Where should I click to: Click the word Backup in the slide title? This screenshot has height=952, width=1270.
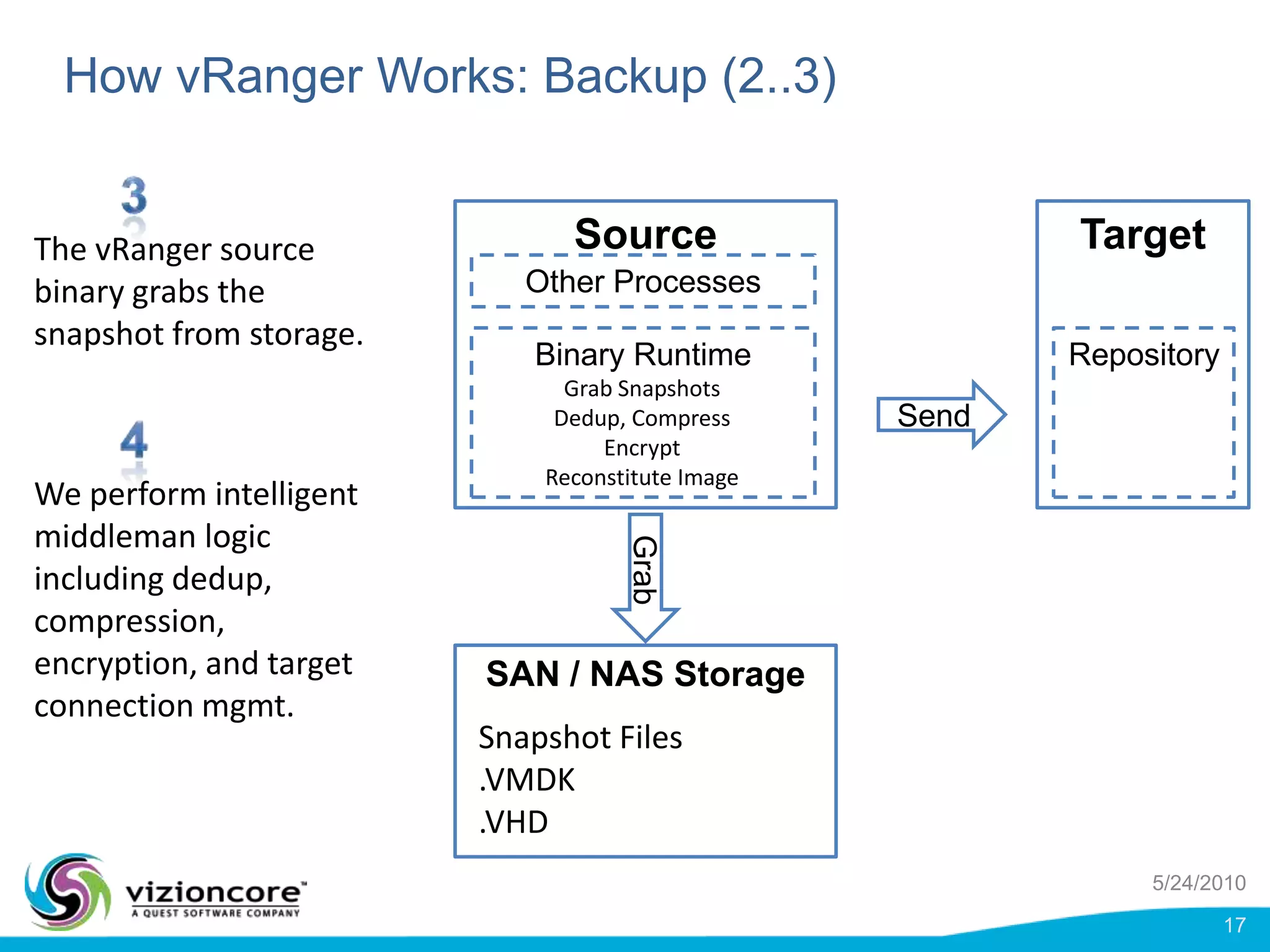click(x=624, y=76)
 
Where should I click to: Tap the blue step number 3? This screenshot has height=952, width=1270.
click(x=134, y=195)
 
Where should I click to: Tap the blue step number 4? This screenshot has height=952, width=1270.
click(x=134, y=439)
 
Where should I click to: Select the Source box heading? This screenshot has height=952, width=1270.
click(x=645, y=234)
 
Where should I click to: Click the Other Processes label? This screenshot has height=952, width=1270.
click(x=642, y=282)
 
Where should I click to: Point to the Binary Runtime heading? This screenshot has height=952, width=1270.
click(x=642, y=355)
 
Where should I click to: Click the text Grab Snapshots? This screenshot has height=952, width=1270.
click(x=642, y=389)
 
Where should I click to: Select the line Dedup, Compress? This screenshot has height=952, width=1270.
click(x=642, y=418)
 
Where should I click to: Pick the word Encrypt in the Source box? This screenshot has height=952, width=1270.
click(x=642, y=447)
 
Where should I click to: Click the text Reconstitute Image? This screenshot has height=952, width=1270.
click(x=642, y=477)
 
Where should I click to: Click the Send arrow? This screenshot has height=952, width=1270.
click(x=939, y=415)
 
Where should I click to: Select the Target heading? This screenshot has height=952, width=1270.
click(x=1143, y=234)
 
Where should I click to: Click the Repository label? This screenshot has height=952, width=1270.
click(x=1143, y=355)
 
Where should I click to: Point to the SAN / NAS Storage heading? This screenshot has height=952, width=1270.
click(x=645, y=674)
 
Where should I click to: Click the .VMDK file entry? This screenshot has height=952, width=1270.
click(x=527, y=780)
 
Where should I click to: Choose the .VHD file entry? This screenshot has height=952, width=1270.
click(x=513, y=822)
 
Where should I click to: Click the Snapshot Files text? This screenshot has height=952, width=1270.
click(x=580, y=738)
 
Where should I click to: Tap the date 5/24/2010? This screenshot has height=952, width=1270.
click(x=1199, y=883)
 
